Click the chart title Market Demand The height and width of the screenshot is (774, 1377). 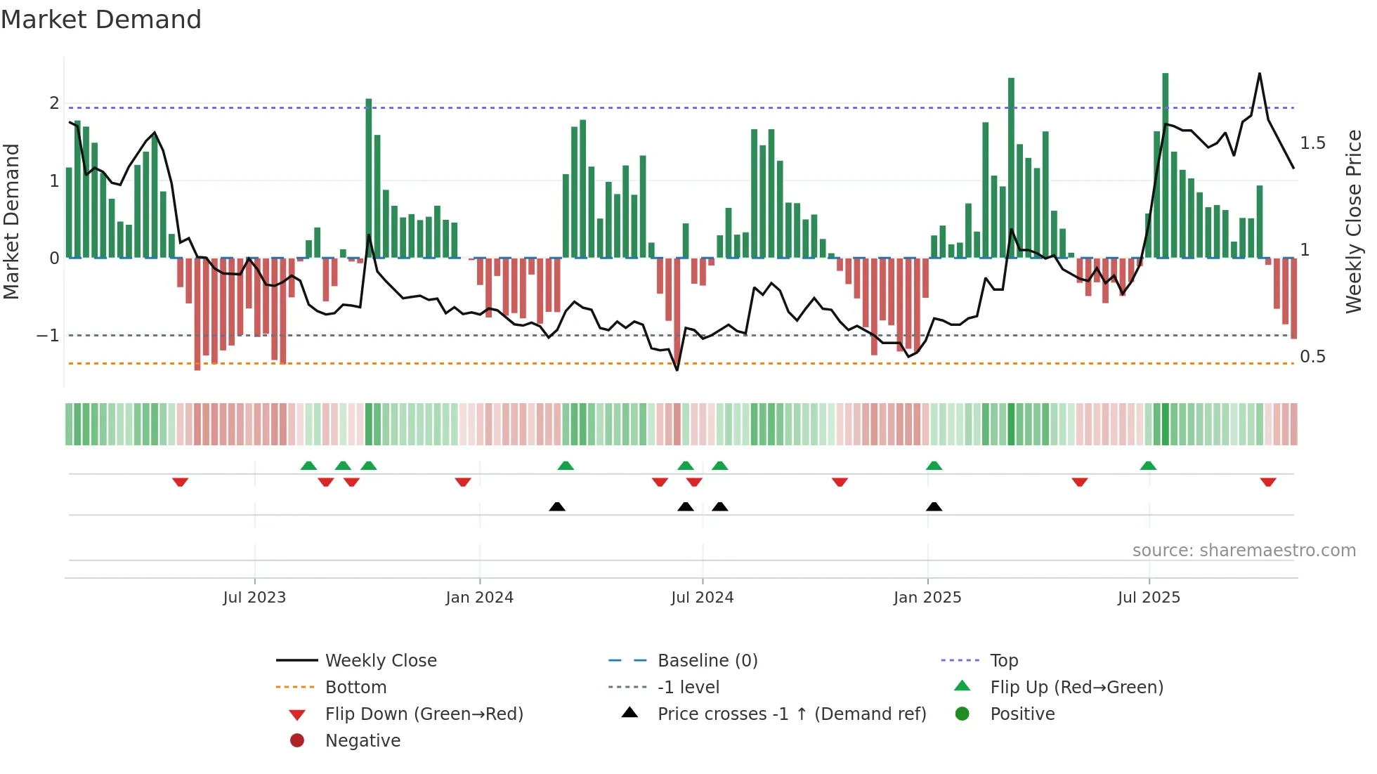[101, 20]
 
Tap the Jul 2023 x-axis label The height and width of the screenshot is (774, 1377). [254, 598]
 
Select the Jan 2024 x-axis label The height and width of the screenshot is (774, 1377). [479, 598]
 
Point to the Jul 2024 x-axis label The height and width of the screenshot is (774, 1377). [702, 598]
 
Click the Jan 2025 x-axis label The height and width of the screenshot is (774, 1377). [927, 598]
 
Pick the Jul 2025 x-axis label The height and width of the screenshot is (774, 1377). [1149, 598]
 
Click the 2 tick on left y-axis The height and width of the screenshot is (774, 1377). [54, 103]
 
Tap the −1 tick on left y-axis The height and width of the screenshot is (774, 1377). [48, 336]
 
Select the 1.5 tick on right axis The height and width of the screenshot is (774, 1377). [1312, 143]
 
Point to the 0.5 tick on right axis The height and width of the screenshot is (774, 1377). [1312, 357]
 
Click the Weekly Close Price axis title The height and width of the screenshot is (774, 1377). [1354, 221]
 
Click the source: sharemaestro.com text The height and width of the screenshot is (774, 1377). [1244, 551]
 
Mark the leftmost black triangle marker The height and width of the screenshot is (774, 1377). [557, 506]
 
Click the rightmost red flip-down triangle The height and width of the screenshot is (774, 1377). [1267, 483]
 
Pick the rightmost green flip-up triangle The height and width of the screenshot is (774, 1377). [1148, 466]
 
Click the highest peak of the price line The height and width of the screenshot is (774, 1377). [1259, 74]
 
